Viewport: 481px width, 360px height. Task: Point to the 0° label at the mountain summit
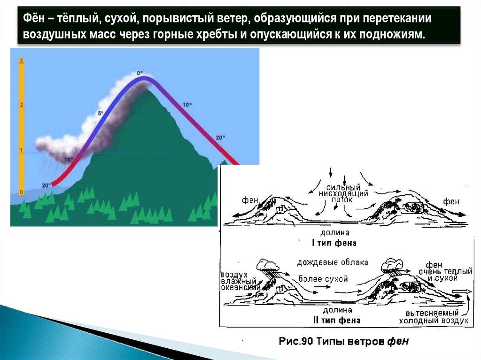[x=140, y=73]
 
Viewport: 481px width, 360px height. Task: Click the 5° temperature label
[x=101, y=114]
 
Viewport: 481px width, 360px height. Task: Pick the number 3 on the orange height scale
[x=22, y=61]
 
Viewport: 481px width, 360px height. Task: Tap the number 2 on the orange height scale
[x=22, y=105]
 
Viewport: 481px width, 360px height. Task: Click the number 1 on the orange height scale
[x=22, y=150]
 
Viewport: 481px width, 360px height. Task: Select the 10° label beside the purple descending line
[x=187, y=105]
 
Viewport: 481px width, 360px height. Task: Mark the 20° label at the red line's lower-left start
[x=46, y=185]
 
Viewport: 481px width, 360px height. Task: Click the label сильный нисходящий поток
[x=343, y=193]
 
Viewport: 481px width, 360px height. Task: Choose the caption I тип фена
[x=334, y=243]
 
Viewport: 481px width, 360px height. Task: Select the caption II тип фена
[x=336, y=321]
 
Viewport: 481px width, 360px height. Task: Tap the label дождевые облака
[x=333, y=262]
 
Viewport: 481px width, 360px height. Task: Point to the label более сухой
[x=323, y=279]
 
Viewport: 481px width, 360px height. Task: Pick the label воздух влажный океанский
[x=240, y=281]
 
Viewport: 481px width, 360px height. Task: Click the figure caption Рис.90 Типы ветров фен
[x=344, y=341]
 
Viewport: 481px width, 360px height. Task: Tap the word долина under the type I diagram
[x=334, y=233]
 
